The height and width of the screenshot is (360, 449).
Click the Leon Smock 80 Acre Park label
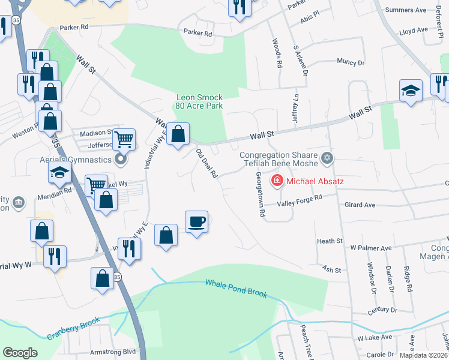click(199, 101)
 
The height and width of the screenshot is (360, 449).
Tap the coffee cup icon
click(196, 222)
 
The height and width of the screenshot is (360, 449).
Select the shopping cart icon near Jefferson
click(124, 139)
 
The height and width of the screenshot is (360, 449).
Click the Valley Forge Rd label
click(300, 200)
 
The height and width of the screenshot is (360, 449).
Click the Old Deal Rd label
click(206, 164)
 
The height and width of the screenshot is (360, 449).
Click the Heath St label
click(330, 241)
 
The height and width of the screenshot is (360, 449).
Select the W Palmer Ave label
click(371, 247)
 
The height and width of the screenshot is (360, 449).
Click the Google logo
click(20, 353)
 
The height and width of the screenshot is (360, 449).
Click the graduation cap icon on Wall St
click(411, 91)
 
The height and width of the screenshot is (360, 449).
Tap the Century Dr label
click(384, 310)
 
